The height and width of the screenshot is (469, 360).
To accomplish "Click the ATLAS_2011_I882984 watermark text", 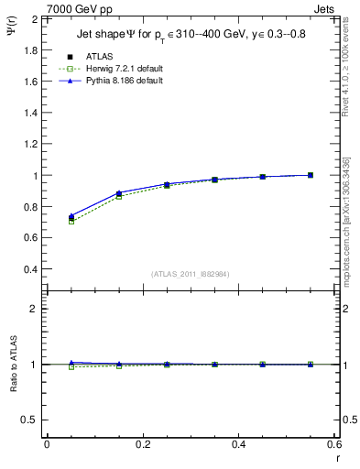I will tap(191, 274).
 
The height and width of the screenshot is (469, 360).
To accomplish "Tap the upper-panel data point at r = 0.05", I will tap(71, 217).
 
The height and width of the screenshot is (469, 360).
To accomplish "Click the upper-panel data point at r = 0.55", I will tap(311, 175).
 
